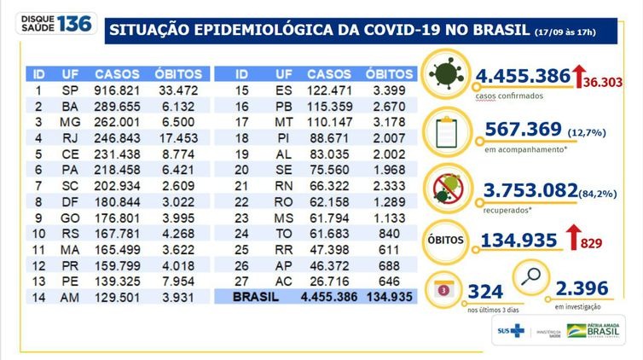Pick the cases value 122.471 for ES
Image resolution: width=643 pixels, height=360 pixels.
tap(329, 90)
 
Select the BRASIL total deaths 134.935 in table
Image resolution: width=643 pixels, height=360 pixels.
tap(382, 298)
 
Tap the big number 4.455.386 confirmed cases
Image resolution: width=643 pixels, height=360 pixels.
tap(522, 76)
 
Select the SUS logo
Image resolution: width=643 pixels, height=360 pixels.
tap(513, 330)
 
